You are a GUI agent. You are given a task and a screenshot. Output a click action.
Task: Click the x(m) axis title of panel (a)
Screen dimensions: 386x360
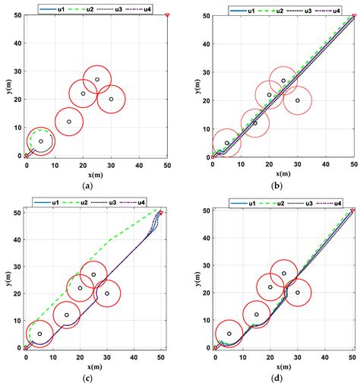tap(96, 174)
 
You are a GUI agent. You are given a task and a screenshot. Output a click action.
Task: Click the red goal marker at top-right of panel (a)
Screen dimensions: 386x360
tap(167, 14)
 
